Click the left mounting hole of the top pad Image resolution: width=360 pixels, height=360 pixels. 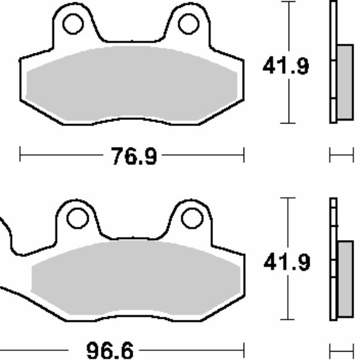click(73, 24)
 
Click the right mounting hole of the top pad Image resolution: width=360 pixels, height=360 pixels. click(188, 24)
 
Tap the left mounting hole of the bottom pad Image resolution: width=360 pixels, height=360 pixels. click(77, 218)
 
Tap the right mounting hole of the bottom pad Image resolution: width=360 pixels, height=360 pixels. click(192, 218)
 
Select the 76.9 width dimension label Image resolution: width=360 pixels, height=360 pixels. click(134, 156)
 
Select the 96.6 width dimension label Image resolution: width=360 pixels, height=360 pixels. click(110, 350)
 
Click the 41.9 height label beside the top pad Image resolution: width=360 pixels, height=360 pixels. click(286, 66)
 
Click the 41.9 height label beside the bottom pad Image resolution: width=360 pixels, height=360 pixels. click(287, 262)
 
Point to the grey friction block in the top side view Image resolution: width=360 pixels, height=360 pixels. click(345, 82)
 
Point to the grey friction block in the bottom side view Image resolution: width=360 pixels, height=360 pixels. click(346, 279)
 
